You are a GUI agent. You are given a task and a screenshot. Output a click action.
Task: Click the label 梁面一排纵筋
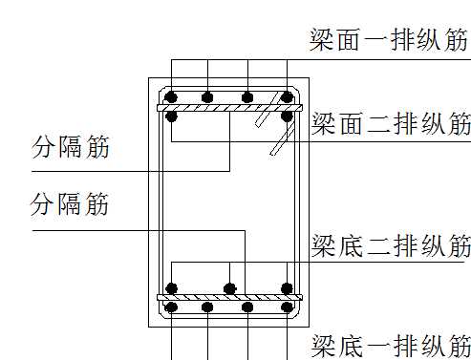coord(389,41)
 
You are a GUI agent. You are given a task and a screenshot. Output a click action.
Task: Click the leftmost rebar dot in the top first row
coord(172,96)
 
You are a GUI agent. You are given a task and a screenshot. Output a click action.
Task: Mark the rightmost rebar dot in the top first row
coord(286,96)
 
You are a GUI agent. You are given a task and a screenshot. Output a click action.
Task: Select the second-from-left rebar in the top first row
coord(207,96)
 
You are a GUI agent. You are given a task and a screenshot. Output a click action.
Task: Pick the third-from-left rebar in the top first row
coord(247,96)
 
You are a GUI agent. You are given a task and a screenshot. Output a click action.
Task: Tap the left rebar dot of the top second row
coord(172,116)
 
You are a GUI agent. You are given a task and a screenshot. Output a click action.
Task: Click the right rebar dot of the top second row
coord(286,116)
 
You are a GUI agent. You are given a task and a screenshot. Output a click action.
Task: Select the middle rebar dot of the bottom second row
coord(228,287)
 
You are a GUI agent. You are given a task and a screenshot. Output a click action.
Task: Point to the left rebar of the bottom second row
coord(172,287)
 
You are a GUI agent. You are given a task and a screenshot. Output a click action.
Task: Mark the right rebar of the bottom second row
coord(286,287)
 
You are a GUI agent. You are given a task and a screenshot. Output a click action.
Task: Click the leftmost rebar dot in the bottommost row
coord(172,307)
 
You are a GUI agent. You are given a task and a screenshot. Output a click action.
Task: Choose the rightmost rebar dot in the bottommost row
coord(286,307)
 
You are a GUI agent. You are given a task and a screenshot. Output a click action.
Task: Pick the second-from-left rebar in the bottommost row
coord(207,307)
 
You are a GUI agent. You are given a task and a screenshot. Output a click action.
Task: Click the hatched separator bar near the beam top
coord(229,107)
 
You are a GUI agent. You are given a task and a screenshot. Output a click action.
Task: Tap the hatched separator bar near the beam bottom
coord(229,298)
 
